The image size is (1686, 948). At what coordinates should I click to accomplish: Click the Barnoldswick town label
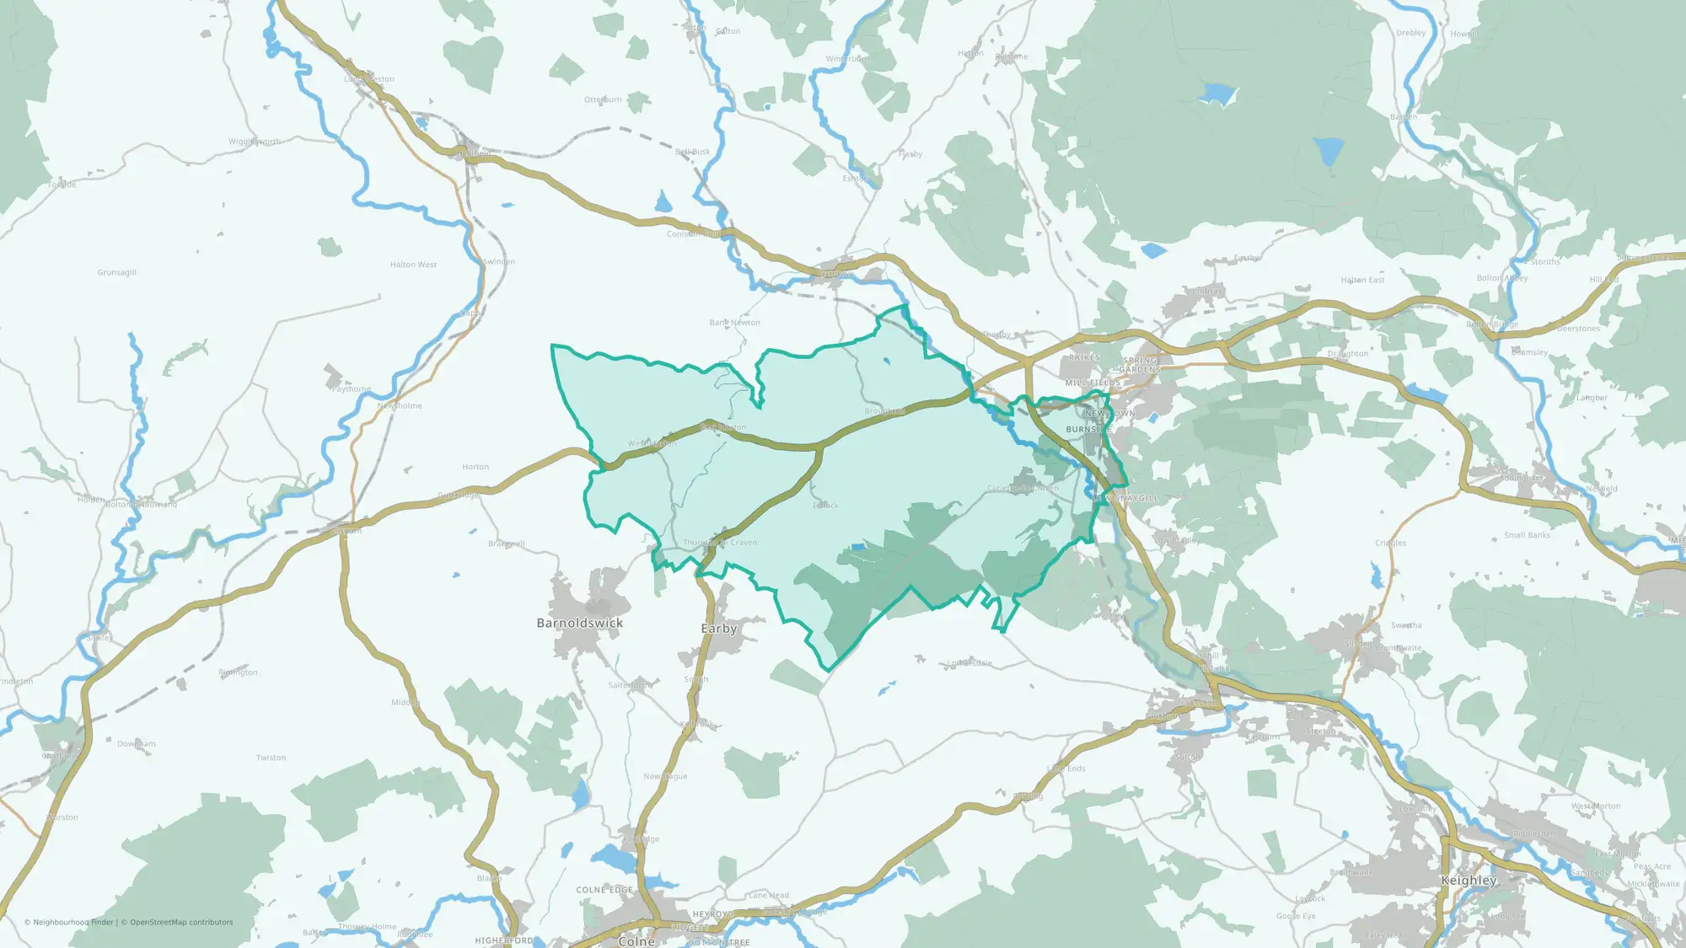coord(580,623)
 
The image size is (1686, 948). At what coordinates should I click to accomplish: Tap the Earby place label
coord(719,629)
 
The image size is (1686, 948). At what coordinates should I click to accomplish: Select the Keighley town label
coord(1469,880)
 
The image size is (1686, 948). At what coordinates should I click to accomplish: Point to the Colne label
coord(636,941)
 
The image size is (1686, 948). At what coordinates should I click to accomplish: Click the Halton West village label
coord(413,265)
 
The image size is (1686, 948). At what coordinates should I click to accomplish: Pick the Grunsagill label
coord(116,272)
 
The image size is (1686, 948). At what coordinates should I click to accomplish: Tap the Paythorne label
coord(351,389)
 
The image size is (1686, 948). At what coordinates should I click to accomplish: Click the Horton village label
coord(475,467)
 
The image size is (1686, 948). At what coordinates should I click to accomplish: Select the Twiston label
coord(271,758)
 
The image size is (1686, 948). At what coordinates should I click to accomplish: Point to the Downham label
coord(137,744)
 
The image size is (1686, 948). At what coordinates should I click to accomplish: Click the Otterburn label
coord(603,99)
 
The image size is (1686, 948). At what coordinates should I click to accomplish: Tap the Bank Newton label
coord(734,323)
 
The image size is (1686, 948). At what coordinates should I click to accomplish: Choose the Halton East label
coord(1362,280)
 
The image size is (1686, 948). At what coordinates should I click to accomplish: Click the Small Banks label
coord(1527,535)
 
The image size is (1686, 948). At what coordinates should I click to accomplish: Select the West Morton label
coord(1596,806)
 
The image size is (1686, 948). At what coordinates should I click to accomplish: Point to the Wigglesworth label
coord(255,142)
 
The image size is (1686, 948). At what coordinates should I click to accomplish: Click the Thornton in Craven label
coord(720,543)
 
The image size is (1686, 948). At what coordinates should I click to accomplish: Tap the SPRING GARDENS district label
coord(1140,365)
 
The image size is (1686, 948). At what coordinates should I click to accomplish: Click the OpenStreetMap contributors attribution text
coord(181,922)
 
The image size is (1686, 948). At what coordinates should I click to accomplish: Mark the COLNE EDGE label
coord(604,890)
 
